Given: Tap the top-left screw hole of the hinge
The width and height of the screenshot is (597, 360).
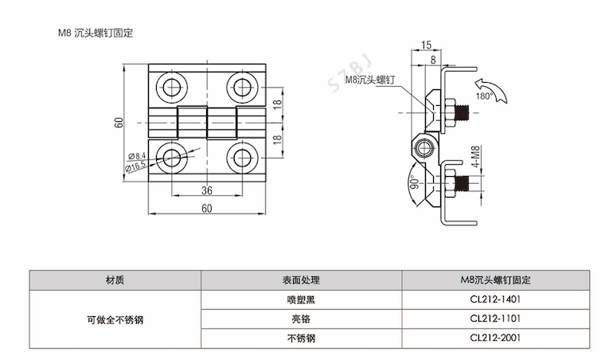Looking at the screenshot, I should tap(170, 86).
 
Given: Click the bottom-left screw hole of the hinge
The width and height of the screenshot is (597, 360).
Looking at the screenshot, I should tap(170, 155).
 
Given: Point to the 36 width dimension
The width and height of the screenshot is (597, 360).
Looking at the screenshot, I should tap(206, 190).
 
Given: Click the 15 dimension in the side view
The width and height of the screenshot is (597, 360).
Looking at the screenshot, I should tap(426, 45).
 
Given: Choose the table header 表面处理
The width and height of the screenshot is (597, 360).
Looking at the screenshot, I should tap(300, 280).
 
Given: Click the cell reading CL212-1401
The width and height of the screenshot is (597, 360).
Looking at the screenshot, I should tap(494, 300).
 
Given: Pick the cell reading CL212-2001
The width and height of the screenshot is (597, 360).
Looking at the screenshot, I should tap(494, 338).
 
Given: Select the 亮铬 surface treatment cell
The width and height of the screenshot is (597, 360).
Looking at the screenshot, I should tap(300, 319).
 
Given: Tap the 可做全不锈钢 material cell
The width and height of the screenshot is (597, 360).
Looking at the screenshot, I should tap(116, 319).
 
